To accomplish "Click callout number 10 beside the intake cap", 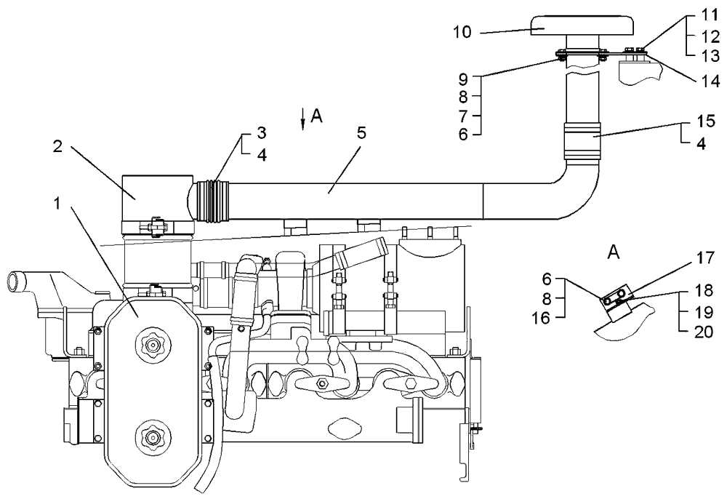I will pos(463,32).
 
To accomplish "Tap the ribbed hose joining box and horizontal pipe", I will pos(212,199).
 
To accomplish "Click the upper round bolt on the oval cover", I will pos(153,344).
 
